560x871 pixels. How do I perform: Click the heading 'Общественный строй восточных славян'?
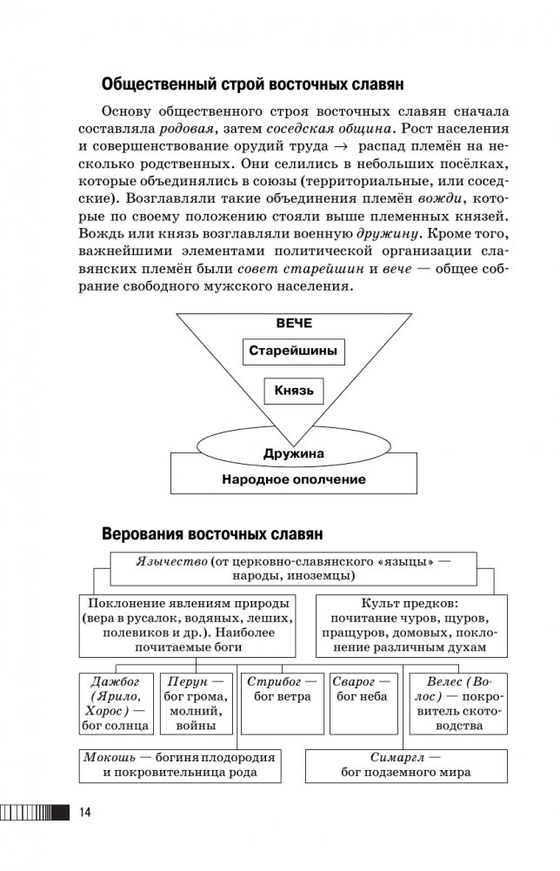pyautogui.click(x=253, y=85)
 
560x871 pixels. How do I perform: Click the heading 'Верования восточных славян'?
pyautogui.click(x=213, y=533)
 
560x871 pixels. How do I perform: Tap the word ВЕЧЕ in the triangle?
pyautogui.click(x=294, y=323)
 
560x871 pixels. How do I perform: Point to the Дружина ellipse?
pyautogui.click(x=293, y=453)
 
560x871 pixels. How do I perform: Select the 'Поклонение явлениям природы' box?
pyautogui.click(x=188, y=625)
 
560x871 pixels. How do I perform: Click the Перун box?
pyautogui.click(x=197, y=702)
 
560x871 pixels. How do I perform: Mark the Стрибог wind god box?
pyautogui.click(x=277, y=702)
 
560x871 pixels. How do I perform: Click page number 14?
pyautogui.click(x=84, y=813)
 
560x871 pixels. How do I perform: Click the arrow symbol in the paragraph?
pyautogui.click(x=343, y=146)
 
